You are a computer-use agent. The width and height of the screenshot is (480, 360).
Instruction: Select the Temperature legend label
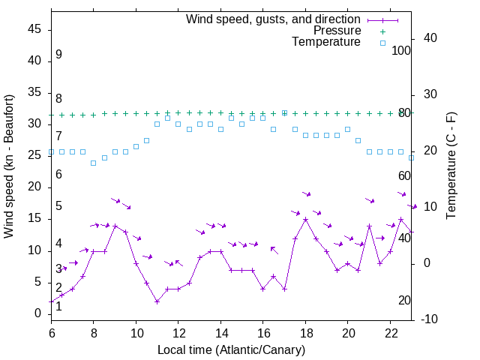click(x=326, y=43)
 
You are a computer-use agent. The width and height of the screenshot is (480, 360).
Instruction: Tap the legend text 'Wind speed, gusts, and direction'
click(x=274, y=19)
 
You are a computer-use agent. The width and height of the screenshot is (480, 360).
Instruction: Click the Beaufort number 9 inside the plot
click(x=58, y=55)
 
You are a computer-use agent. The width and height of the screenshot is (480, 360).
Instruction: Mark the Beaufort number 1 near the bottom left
click(x=58, y=306)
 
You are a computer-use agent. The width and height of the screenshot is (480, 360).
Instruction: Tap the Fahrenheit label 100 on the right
click(x=401, y=50)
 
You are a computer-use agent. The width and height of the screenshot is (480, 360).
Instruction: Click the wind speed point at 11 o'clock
click(x=157, y=301)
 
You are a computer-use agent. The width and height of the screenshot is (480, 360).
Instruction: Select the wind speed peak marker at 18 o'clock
click(x=305, y=220)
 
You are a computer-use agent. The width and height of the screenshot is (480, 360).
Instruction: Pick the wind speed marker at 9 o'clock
click(x=115, y=226)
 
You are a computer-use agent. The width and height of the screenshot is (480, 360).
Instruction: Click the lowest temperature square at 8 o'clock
click(x=93, y=163)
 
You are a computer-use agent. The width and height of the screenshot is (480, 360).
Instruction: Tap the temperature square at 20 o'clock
click(x=347, y=129)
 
